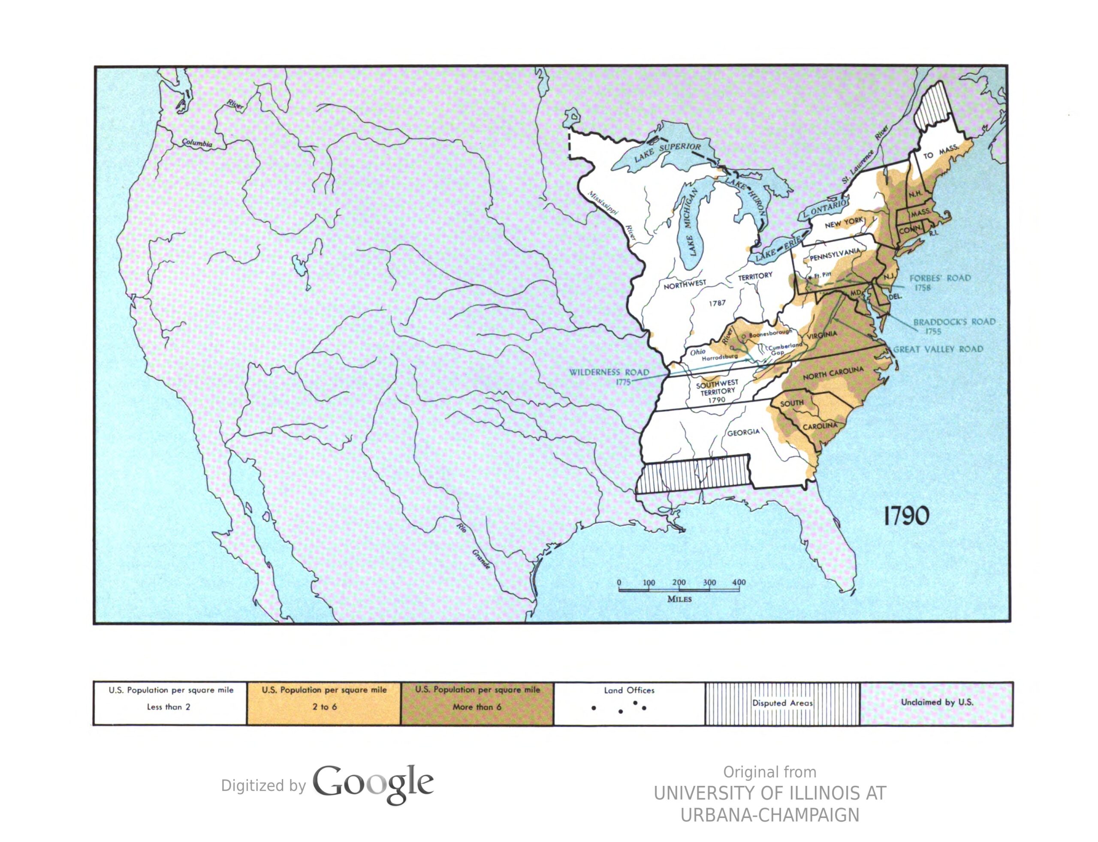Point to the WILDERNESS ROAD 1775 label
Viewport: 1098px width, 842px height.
point(609,376)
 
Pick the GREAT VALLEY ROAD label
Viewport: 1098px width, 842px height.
point(938,349)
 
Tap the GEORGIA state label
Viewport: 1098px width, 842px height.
point(743,432)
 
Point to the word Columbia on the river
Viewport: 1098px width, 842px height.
point(196,143)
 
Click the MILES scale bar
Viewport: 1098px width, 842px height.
point(679,591)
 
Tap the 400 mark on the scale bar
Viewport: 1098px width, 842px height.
point(739,582)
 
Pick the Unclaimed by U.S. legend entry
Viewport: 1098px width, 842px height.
point(936,702)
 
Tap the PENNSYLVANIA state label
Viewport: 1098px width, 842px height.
point(834,255)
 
